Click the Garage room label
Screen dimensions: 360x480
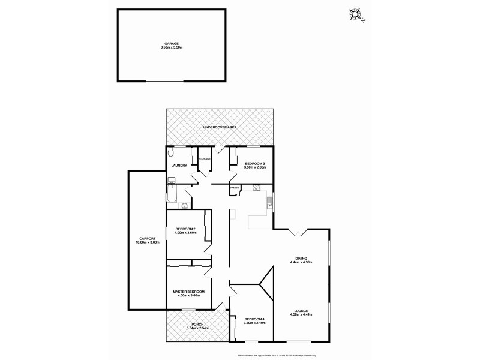[172, 43]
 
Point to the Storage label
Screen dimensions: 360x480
[204, 158]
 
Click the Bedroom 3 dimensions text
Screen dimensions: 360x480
[251, 167]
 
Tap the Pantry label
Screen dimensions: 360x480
[235, 188]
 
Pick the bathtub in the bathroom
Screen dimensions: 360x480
[171, 194]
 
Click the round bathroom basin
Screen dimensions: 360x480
[184, 205]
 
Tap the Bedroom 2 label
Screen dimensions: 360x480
[186, 229]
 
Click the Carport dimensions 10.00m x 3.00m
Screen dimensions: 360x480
[148, 242]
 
